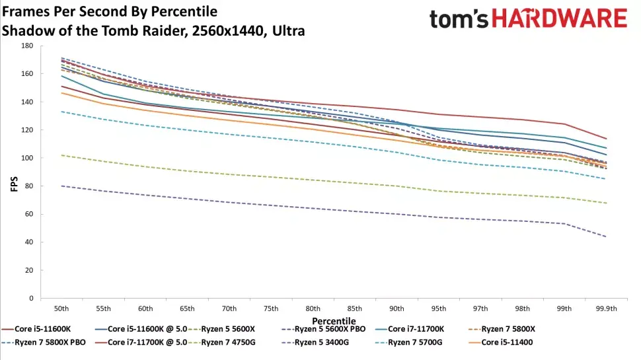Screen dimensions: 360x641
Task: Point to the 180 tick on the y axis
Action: tap(26, 46)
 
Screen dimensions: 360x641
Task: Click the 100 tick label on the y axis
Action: tap(26, 158)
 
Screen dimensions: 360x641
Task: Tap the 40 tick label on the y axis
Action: tap(28, 242)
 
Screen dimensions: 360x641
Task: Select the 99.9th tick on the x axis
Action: tap(605, 308)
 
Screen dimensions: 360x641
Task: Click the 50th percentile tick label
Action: tap(61, 308)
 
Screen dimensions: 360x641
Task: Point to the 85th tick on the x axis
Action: tap(354, 308)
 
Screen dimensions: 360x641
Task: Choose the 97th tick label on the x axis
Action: tap(480, 308)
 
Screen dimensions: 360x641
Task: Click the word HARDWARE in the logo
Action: tap(560, 18)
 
